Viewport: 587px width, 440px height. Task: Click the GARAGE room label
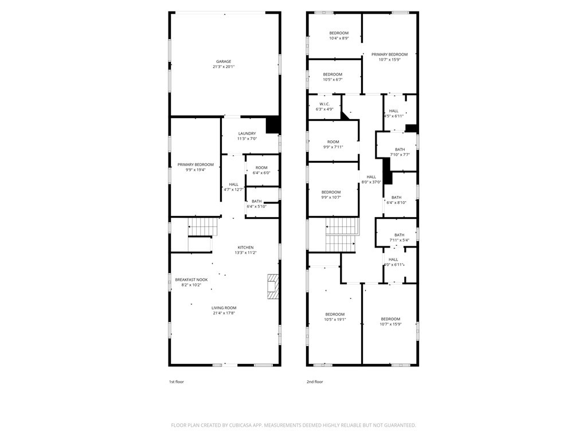(x=224, y=61)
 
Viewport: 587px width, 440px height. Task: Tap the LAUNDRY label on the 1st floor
(x=247, y=133)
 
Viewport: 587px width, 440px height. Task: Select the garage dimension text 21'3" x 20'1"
(x=224, y=67)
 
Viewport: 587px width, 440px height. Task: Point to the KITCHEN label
(x=245, y=247)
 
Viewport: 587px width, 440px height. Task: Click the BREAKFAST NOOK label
(x=191, y=280)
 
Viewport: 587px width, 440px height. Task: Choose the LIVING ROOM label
(x=224, y=308)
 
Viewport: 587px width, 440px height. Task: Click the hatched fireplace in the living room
(x=273, y=286)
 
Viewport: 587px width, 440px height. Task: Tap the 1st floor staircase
(x=202, y=227)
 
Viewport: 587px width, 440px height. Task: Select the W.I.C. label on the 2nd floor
(x=324, y=104)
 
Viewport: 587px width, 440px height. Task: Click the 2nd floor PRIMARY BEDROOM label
(x=389, y=54)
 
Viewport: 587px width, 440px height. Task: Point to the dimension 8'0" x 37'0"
(x=371, y=182)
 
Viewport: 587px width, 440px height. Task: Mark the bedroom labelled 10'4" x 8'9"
(x=339, y=36)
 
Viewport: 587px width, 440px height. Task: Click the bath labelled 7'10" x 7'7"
(x=400, y=152)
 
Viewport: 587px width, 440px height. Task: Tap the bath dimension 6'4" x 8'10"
(x=397, y=203)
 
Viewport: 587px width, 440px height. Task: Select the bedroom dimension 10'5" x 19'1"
(x=335, y=320)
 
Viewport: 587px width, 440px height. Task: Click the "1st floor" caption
(x=177, y=382)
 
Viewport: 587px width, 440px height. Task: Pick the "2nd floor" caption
(x=315, y=382)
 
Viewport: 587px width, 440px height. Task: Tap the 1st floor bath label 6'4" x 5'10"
(x=256, y=204)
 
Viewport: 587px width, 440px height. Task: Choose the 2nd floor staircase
(x=341, y=235)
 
